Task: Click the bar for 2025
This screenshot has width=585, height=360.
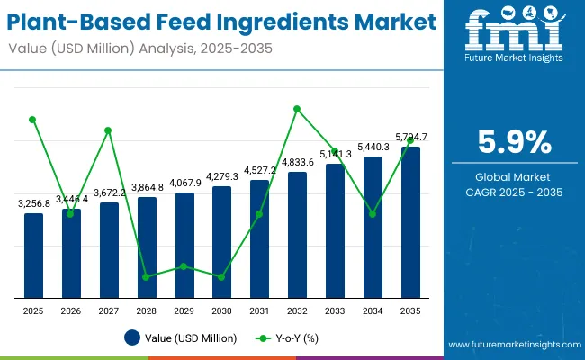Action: pos(33,256)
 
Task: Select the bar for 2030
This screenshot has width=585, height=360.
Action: pos(221,242)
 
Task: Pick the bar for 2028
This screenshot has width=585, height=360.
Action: pos(147,247)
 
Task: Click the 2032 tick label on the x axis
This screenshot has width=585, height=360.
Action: pos(297,310)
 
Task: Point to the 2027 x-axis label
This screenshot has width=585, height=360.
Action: pos(109,310)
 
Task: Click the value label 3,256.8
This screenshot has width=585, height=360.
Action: pos(34,204)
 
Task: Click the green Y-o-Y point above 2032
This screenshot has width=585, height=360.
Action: pos(297,109)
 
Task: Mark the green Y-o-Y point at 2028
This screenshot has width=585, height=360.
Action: pos(147,277)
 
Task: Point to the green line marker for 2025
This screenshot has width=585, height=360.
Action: pos(33,119)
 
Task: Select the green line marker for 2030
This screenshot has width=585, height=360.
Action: pos(221,277)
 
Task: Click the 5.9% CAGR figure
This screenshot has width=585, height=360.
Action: pos(513,142)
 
